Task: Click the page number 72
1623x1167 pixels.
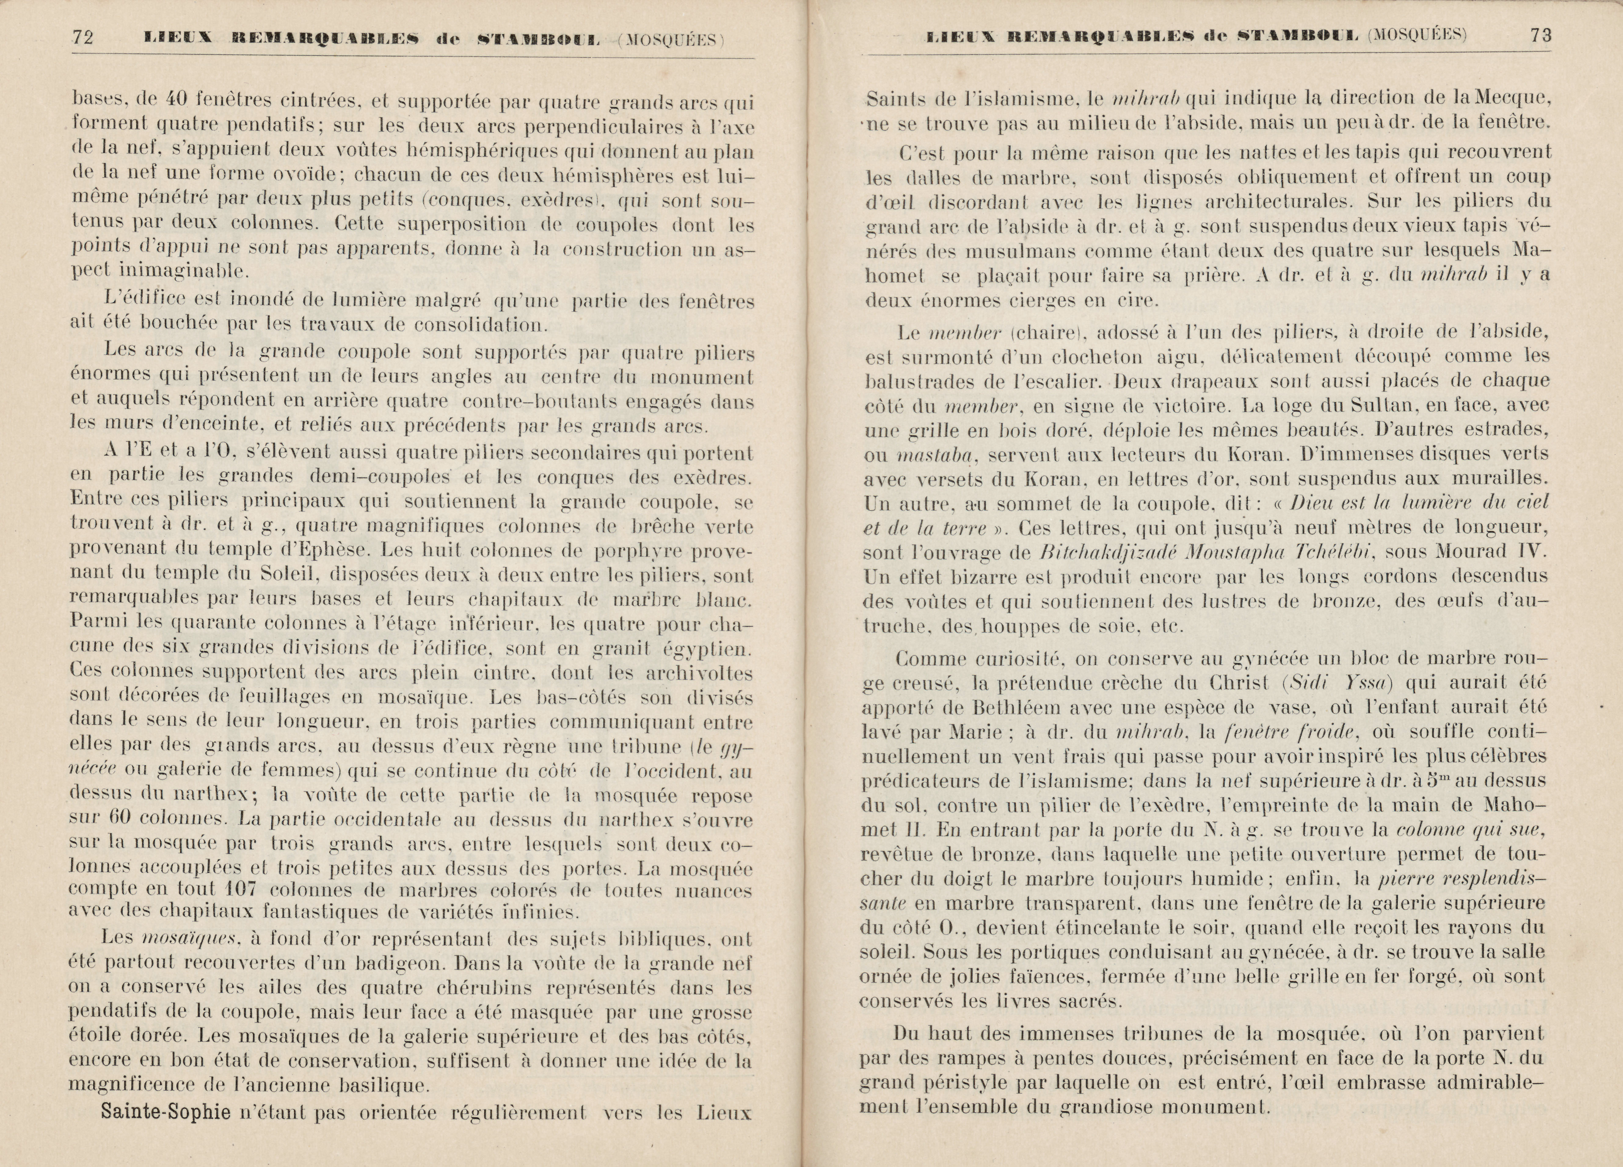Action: [x=83, y=37]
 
